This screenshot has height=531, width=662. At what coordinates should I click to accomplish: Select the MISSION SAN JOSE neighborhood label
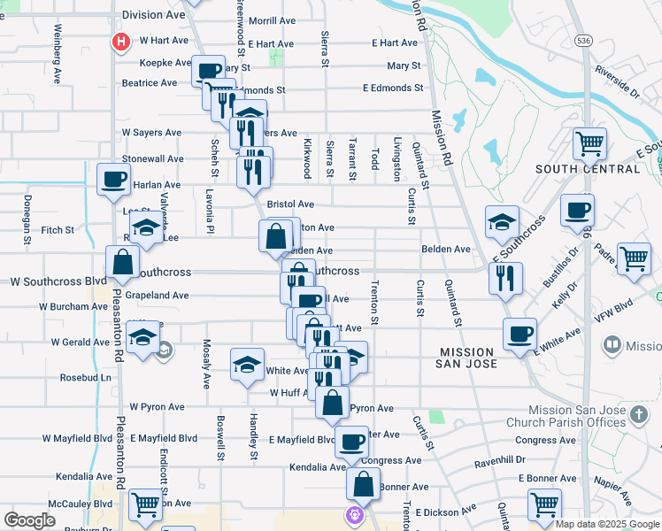pos(481,358)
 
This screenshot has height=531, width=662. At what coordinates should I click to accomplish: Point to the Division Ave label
pos(154,15)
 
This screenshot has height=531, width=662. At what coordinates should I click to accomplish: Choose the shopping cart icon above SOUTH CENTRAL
pos(589,142)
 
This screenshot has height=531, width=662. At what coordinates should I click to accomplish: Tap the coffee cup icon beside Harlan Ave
pos(113,179)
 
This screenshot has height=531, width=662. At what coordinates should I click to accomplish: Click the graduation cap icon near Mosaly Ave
pos(248,364)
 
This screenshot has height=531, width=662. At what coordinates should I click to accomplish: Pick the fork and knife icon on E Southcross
pos(505,278)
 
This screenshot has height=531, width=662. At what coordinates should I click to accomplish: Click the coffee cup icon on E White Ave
pos(520,334)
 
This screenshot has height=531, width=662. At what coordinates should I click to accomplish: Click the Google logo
pos(29,519)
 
